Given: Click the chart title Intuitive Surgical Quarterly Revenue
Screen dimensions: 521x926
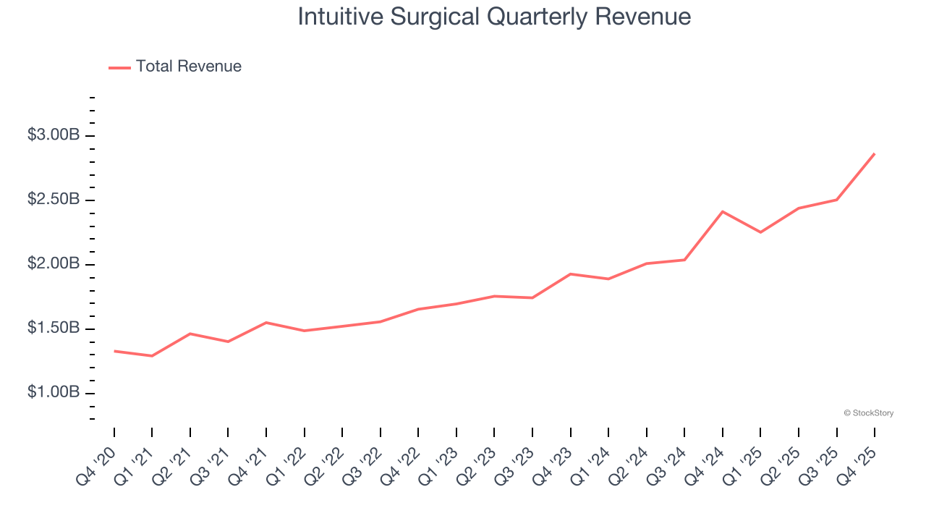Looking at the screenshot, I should pyautogui.click(x=494, y=17).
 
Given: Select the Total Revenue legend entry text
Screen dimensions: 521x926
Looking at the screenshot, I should pyautogui.click(x=188, y=67).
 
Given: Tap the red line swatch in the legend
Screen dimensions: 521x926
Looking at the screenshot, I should pyautogui.click(x=119, y=67).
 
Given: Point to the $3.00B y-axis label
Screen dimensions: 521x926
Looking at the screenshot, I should pyautogui.click(x=54, y=135).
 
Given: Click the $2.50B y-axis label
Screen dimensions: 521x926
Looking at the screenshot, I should pyautogui.click(x=54, y=200).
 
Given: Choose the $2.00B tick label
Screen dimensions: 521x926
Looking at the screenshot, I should pyautogui.click(x=54, y=264).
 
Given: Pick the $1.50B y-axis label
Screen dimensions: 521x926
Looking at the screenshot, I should pyautogui.click(x=54, y=329).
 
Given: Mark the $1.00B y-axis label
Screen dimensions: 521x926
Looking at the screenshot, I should pyautogui.click(x=54, y=393).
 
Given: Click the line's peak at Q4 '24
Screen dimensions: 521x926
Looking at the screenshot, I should pyautogui.click(x=722, y=211).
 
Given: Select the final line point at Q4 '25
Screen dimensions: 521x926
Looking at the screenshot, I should pyautogui.click(x=874, y=153).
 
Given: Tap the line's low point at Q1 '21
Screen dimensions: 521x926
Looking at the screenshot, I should pyautogui.click(x=152, y=356).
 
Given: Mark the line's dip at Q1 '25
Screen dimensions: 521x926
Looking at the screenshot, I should pyautogui.click(x=760, y=232).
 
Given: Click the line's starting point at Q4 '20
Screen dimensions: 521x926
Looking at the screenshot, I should pyautogui.click(x=114, y=351).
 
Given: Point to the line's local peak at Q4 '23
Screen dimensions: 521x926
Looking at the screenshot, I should pyautogui.click(x=570, y=274).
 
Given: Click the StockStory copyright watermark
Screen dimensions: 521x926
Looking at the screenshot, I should pyautogui.click(x=868, y=413).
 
